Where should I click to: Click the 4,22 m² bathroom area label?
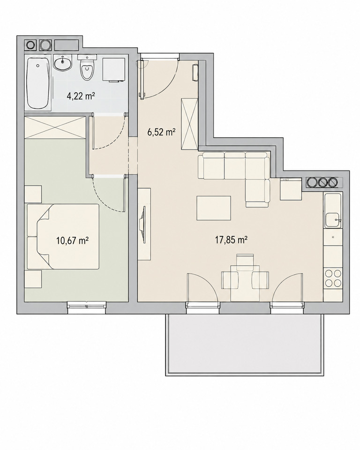pos(81,96)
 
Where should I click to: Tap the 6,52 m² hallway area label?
pos(161,132)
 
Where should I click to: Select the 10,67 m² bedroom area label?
pos(72,240)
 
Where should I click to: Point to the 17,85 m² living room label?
pos(232,240)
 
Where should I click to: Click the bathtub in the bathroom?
pos(37,83)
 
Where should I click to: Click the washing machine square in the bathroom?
pos(114,69)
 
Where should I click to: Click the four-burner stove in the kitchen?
pos(333,278)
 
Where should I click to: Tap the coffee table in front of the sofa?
pos(214,208)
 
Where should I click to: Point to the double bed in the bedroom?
pos(63,236)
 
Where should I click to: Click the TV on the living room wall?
pos(142,225)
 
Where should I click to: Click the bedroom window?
pos(87,305)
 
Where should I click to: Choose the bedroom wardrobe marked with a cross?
pos(55,127)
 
